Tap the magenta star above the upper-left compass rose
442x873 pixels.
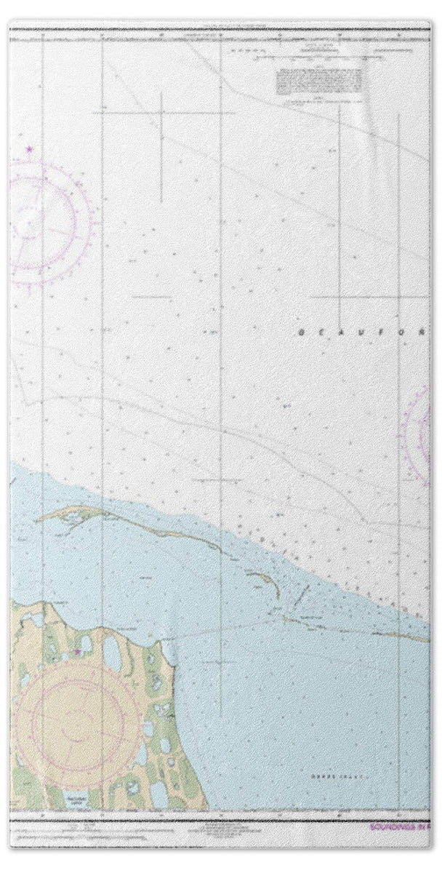click(30, 150)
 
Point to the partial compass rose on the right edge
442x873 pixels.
click(422, 435)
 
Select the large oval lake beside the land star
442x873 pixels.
click(113, 654)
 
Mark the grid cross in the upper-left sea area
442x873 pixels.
click(161, 113)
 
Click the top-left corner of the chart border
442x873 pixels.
click(9, 28)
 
